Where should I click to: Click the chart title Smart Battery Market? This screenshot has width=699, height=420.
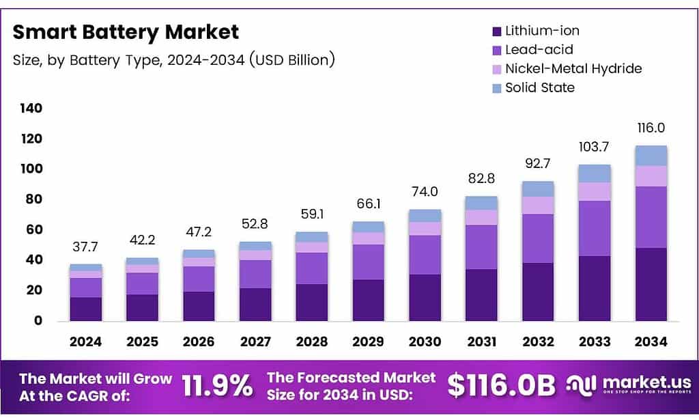pos(126,31)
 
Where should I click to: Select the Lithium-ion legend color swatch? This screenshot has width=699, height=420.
pos(496,31)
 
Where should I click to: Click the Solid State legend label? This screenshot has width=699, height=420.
pos(539,87)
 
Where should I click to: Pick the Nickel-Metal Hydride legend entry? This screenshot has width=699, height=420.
pos(573,68)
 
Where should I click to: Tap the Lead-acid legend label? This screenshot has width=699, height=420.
pos(539,49)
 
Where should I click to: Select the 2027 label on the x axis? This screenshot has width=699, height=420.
pos(255,341)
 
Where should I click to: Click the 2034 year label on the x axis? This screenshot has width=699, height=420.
pos(651,341)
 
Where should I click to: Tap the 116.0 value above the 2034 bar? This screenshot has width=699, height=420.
pos(651,128)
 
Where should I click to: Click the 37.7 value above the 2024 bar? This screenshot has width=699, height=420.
pos(86,247)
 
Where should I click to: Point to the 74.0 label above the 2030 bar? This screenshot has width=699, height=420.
pos(425,192)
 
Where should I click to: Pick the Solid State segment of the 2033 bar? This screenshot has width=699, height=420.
pos(594,173)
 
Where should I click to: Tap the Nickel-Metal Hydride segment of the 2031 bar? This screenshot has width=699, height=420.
pos(481,217)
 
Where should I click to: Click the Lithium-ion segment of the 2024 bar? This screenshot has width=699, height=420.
pos(86,309)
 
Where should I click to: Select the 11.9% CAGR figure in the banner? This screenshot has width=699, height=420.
pos(217,386)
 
